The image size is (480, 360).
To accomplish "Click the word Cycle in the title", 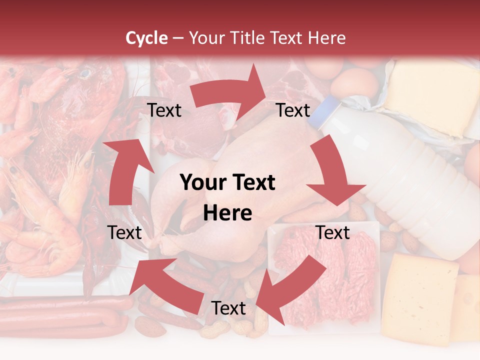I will [146, 38].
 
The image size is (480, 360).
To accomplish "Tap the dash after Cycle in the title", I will [177, 38].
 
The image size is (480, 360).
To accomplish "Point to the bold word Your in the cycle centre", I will [202, 183].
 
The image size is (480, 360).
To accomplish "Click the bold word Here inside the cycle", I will [227, 213].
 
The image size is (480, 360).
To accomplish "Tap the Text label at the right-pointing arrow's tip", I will [293, 110].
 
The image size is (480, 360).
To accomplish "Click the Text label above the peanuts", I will [228, 308].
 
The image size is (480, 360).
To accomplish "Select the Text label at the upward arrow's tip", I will [164, 110].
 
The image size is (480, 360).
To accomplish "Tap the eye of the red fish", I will [85, 74].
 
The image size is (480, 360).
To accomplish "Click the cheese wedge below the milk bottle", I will [422, 295].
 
